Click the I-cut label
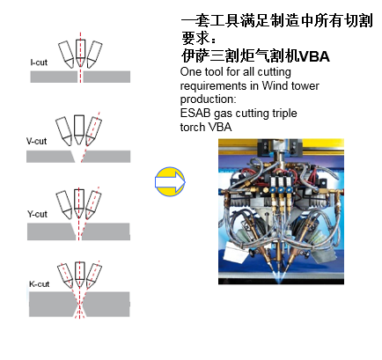tap(39, 62)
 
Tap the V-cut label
tap(36, 141)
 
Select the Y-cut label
tap(37, 214)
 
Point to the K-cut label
tap(40, 284)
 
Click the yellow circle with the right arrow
tap(170, 182)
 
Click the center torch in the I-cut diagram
tap(80, 53)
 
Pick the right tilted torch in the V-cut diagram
tap(94, 131)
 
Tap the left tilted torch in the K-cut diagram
tap(65, 276)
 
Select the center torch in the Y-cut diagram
tap(79, 203)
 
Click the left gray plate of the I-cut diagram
tap(54, 77)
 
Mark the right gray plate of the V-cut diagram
tap(106, 157)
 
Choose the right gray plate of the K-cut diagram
tap(106, 305)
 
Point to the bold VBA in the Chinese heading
tap(314, 56)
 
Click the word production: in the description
tap(208, 99)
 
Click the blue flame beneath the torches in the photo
tap(277, 276)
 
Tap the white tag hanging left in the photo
tap(236, 254)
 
